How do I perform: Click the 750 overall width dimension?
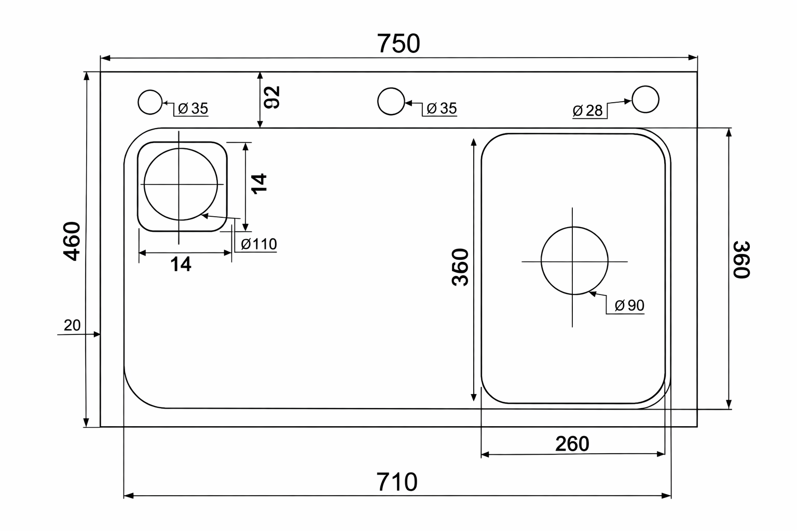pyautogui.click(x=398, y=44)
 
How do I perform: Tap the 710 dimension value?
pyautogui.click(x=397, y=482)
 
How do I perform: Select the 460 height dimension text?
pyautogui.click(x=72, y=241)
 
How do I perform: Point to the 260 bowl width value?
pyautogui.click(x=572, y=443)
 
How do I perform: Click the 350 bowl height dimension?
pyautogui.click(x=460, y=267)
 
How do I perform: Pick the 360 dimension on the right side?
pyautogui.click(x=741, y=260)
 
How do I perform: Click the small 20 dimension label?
pyautogui.click(x=72, y=325)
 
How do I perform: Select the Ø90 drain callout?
pyautogui.click(x=629, y=305)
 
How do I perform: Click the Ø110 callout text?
pyautogui.click(x=259, y=244)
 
